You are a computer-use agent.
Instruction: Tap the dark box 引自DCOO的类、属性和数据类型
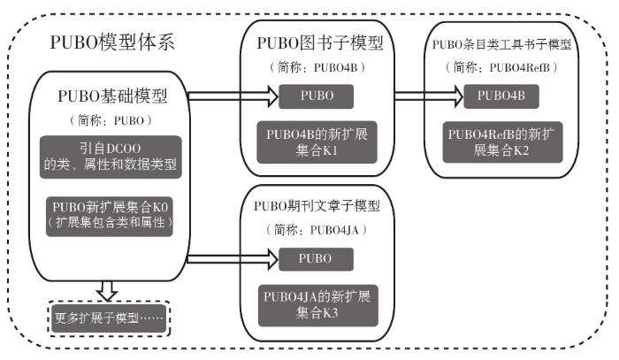[x=111, y=155]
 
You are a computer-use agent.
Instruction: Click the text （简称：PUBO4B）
[x=317, y=66]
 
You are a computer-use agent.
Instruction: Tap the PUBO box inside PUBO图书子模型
[x=316, y=95]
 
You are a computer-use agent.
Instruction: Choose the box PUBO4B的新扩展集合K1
[x=316, y=139]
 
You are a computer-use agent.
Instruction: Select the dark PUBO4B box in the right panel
[x=501, y=95]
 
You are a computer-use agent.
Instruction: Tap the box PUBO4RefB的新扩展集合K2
[x=501, y=140]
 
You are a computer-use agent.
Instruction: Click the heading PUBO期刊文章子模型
[x=316, y=207]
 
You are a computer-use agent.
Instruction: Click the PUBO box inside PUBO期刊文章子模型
[x=316, y=258]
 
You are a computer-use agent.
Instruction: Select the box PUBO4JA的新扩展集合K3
[x=316, y=303]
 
